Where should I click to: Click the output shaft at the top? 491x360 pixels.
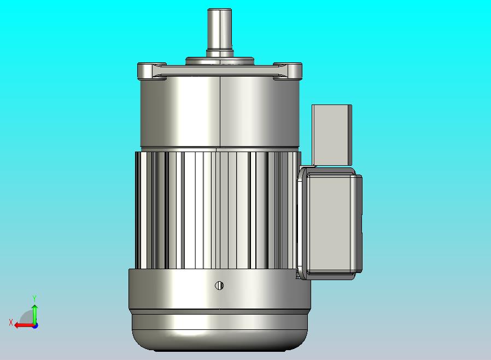click(219, 32)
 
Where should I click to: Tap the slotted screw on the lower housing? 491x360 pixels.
click(219, 286)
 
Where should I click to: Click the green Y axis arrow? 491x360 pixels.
click(35, 314)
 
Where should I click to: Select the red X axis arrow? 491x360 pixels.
click(25, 326)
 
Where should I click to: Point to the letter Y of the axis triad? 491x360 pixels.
click(34, 298)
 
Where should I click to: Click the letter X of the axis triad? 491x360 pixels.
click(11, 322)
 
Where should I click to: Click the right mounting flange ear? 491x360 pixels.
click(288, 71)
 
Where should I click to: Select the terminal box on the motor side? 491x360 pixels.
click(329, 223)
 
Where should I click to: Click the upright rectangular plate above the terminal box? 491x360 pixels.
click(332, 135)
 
